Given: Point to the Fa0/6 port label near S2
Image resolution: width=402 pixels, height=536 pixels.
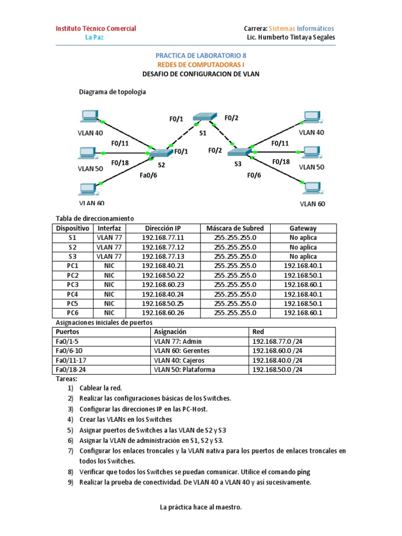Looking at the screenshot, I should point(148,175).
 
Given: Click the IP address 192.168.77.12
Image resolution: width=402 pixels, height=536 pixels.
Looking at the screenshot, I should point(163,247).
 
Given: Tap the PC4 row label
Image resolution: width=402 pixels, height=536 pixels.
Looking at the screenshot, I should point(73,294).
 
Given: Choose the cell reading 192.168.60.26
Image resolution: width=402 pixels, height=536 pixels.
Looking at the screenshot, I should point(163,313).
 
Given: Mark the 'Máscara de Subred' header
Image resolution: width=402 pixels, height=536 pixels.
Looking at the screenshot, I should point(235,228).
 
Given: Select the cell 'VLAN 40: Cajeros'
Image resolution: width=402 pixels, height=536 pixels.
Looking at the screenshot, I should point(178,360).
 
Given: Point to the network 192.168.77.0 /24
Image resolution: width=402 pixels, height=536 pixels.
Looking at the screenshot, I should point(277,341).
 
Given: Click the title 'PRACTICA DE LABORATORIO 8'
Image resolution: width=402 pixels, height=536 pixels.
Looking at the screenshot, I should point(200,55).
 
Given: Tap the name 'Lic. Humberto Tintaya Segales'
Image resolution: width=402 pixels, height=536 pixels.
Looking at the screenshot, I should point(291,38).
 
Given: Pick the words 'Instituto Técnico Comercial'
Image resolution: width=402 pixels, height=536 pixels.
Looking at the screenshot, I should point(96,28).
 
